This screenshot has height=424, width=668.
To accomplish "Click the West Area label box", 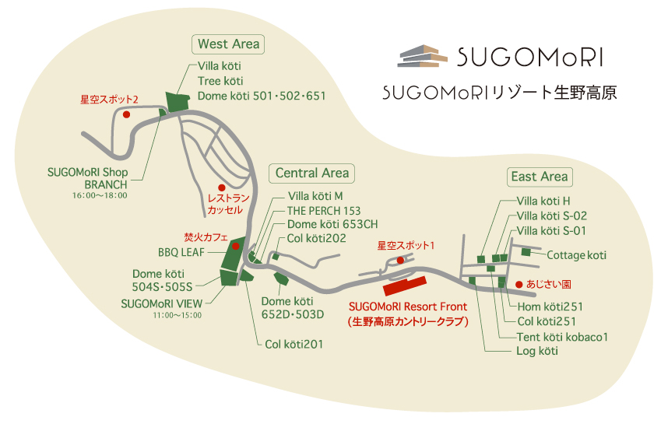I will [x=229, y=44].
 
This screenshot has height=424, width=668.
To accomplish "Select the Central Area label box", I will [x=312, y=173].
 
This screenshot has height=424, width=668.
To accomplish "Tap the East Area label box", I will [x=540, y=177].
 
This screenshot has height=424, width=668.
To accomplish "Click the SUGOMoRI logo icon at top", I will [x=424, y=57].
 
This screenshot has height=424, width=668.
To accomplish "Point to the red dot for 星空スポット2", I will [x=125, y=114].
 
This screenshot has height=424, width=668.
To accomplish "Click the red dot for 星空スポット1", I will [x=400, y=260].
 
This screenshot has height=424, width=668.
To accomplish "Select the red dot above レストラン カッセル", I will [x=221, y=187].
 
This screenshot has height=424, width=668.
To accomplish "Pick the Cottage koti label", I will [x=576, y=254].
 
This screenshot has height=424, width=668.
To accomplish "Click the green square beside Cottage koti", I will [x=527, y=252].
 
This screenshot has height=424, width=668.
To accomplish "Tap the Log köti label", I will [x=537, y=352].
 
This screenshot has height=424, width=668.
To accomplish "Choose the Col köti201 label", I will [x=294, y=344].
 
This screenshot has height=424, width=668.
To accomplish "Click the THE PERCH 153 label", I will [x=324, y=210].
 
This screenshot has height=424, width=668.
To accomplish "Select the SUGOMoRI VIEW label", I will [x=161, y=303].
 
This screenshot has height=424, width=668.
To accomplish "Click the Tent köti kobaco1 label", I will [x=562, y=337].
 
